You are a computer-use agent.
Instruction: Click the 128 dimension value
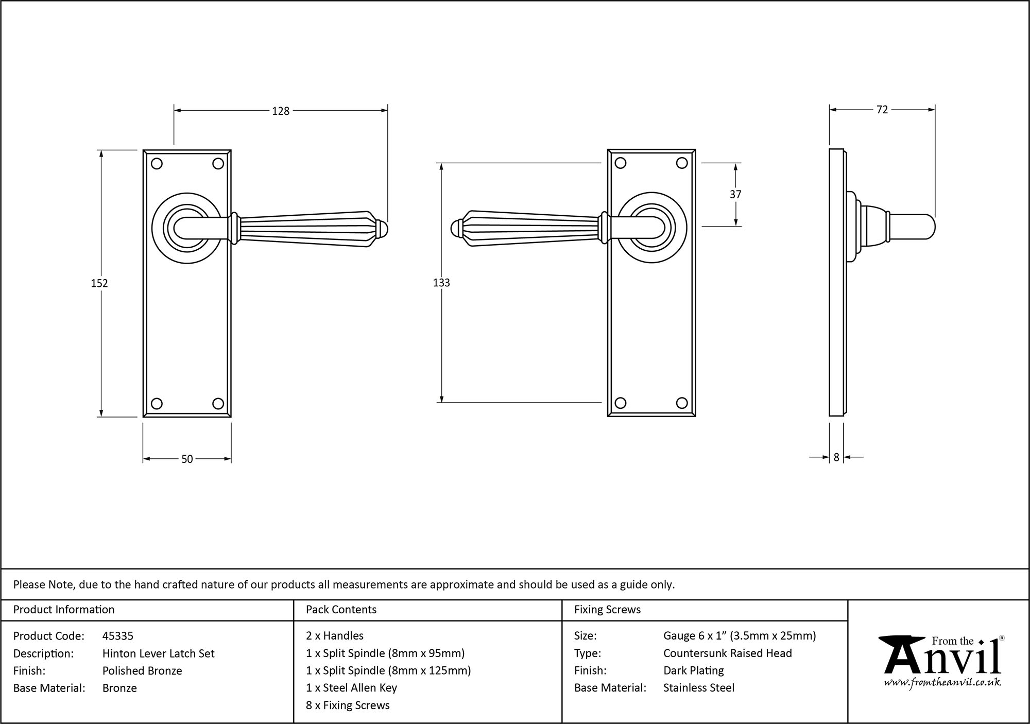(281, 111)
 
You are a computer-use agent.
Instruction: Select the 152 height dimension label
(99, 283)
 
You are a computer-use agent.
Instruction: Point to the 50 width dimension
(187, 459)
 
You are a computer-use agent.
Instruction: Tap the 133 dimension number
(441, 283)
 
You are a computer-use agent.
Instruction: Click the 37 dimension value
(735, 194)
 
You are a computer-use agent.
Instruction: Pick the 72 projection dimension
(882, 110)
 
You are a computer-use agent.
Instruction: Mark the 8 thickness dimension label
(836, 457)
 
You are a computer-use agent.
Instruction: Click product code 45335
(118, 636)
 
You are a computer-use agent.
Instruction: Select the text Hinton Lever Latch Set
(158, 653)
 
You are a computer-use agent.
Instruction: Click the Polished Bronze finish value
(142, 670)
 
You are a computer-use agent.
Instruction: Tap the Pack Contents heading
(341, 610)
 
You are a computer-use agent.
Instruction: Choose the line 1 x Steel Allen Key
(351, 687)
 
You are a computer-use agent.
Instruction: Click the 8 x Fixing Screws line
(348, 705)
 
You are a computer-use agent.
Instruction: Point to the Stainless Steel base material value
(698, 687)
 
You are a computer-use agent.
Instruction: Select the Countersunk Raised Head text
(727, 653)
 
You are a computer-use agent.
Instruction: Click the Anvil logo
(942, 657)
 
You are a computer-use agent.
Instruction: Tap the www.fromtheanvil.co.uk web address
(942, 683)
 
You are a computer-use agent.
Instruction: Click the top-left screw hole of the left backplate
(157, 164)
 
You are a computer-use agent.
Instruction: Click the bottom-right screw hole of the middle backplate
(682, 403)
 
